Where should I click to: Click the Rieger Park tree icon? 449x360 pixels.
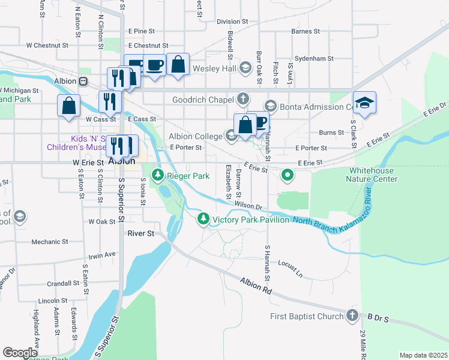[x=158, y=175]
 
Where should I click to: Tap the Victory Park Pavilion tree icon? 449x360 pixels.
[x=203, y=220]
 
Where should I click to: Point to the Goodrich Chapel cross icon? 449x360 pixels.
[x=243, y=98]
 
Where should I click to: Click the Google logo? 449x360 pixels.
[x=20, y=353]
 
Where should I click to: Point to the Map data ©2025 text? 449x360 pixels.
[x=423, y=355]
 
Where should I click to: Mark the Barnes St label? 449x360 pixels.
[x=305, y=31]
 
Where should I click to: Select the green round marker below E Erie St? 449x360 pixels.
[x=288, y=175]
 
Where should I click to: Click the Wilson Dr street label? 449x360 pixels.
[x=249, y=206]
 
